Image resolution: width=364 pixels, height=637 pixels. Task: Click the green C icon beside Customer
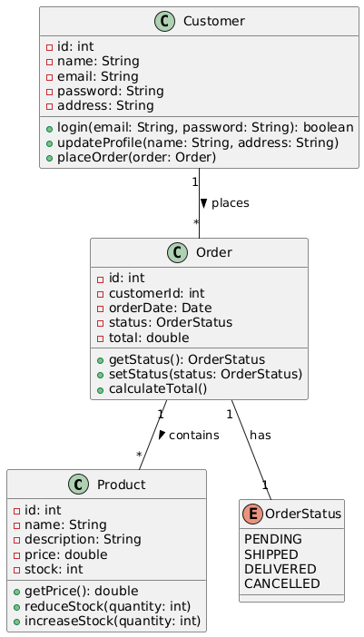coord(164,21)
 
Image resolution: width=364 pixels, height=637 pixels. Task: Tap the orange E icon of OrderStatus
coord(253,514)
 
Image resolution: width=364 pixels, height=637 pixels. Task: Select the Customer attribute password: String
coord(110,91)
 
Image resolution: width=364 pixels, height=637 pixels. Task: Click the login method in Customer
coord(205,128)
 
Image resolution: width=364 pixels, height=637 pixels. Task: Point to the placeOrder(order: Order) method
coord(136,157)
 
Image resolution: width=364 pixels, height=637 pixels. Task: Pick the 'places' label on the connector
coord(230,202)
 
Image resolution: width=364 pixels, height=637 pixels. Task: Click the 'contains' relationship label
coord(193,435)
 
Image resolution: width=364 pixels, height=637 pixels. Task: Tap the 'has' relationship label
coord(260,435)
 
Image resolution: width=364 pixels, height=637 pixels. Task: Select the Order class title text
coord(213,252)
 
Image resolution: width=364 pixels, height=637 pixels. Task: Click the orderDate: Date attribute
coord(160,308)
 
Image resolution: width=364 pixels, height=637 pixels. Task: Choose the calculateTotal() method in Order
coord(158,388)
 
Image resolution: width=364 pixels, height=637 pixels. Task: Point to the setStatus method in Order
coord(205,374)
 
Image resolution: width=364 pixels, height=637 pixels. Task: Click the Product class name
coord(121,485)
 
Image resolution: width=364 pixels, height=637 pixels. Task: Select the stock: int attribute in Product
coord(54,569)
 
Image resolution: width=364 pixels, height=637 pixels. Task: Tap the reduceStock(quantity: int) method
coord(107,606)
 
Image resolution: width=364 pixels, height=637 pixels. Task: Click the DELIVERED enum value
coord(280,569)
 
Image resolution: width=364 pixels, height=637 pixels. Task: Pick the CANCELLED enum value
coord(282,583)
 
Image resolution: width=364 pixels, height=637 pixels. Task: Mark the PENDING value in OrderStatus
coord(273,539)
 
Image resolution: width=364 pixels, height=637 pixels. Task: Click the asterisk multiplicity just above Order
coord(196,222)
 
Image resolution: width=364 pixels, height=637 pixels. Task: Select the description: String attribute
coord(83,540)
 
